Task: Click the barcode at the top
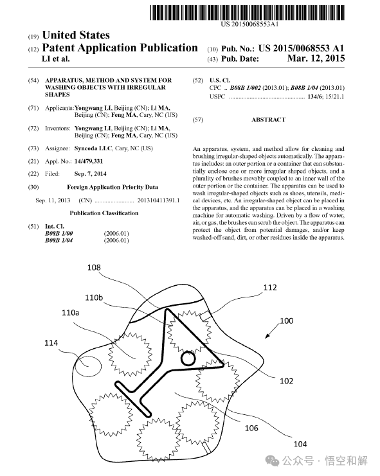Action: [247, 13]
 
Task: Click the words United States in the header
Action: [76, 35]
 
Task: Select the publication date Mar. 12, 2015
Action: [316, 58]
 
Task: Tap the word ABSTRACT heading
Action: [269, 120]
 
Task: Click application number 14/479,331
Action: [89, 161]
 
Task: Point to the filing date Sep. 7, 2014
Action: [90, 174]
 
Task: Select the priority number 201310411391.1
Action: [158, 200]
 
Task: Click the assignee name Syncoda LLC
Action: [93, 148]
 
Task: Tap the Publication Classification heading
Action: [104, 213]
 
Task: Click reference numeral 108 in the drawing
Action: [94, 267]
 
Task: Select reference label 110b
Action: [94, 297]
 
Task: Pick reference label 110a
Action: [71, 312]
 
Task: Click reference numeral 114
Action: [51, 343]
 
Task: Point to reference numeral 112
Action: [270, 288]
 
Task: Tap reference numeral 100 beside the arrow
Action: [286, 321]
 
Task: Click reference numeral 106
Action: [251, 428]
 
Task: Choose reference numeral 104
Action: [300, 444]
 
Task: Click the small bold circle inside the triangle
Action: [188, 359]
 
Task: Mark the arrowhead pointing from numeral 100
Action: [267, 335]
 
